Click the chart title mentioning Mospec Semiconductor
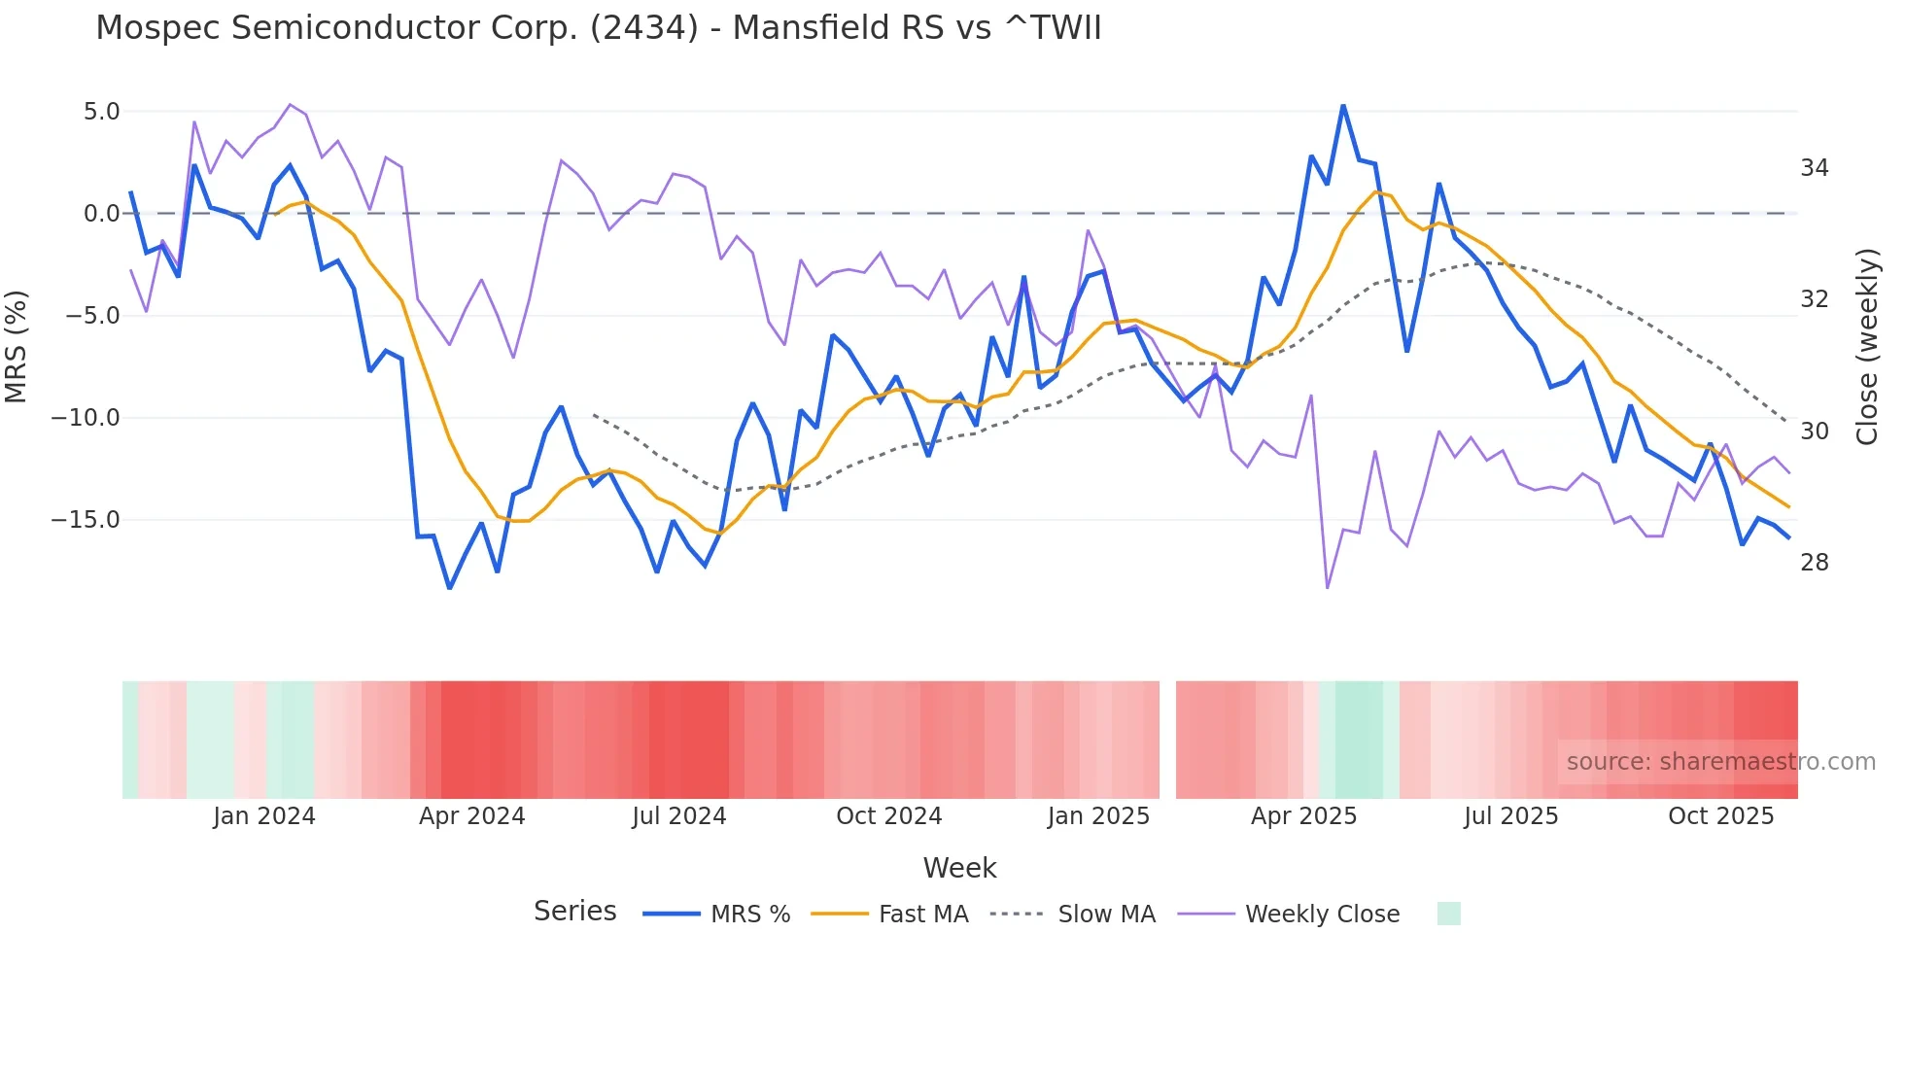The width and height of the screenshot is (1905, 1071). point(599,28)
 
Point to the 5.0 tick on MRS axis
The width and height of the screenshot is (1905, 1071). point(101,112)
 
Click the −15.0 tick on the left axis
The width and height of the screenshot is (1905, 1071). point(86,520)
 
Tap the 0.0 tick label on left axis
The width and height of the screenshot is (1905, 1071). point(101,214)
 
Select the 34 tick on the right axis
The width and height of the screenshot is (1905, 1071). point(1814,168)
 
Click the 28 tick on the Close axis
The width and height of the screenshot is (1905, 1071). point(1814,563)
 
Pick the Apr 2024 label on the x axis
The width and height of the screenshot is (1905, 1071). point(471,816)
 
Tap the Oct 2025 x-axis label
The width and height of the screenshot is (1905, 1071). point(1720,816)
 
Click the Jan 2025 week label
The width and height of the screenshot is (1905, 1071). point(1098,816)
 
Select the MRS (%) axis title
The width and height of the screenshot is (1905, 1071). point(17,346)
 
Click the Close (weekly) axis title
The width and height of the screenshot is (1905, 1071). point(1866,346)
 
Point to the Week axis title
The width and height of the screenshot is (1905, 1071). point(959,868)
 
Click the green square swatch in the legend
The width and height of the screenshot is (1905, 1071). point(1448,914)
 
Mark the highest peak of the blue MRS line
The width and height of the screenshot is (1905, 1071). point(1343,106)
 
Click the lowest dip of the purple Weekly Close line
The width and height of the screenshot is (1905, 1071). point(1328,587)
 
